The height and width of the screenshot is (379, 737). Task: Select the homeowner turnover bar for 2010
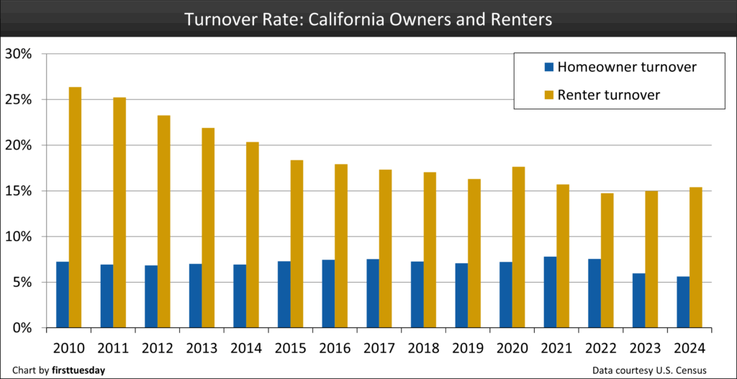(62, 295)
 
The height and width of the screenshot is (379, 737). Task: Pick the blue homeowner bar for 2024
(682, 302)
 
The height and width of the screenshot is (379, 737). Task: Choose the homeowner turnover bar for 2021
(549, 292)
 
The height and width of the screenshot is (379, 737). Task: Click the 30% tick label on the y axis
(19, 54)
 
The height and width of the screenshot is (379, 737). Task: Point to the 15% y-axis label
(19, 191)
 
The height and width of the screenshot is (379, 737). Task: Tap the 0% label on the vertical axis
(22, 328)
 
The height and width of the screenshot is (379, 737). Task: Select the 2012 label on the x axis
(158, 348)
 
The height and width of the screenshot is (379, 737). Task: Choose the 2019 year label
(468, 348)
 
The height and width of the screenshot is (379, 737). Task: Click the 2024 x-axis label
(689, 348)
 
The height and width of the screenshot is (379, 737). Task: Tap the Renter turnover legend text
(609, 94)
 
